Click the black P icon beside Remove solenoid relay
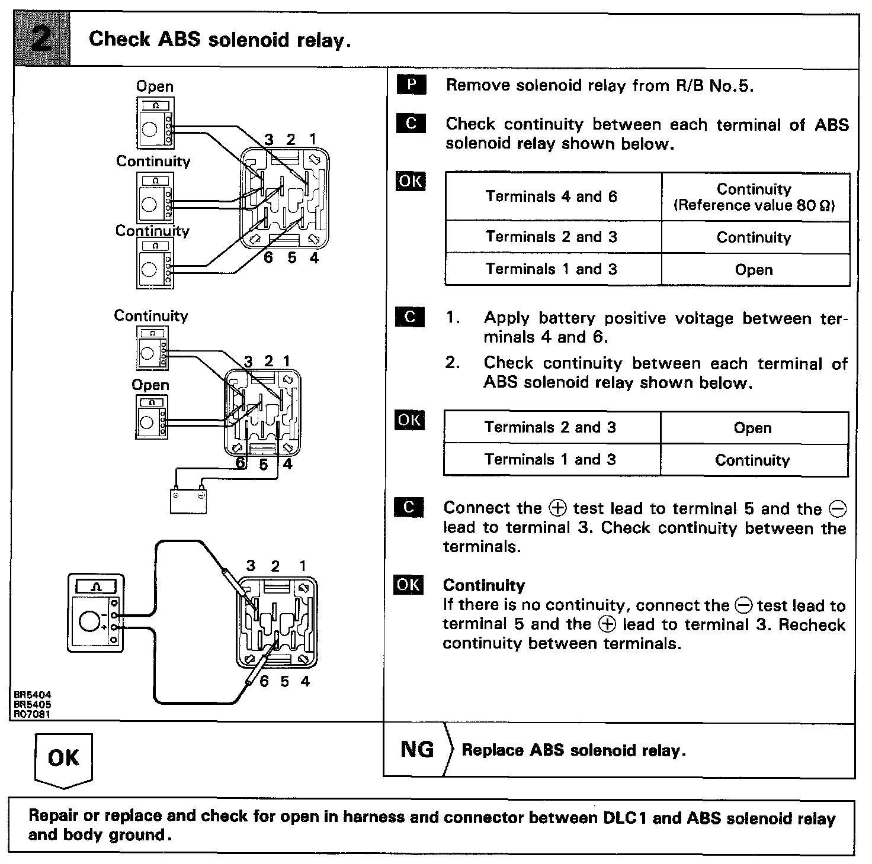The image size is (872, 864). [411, 85]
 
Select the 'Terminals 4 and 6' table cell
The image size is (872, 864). [552, 196]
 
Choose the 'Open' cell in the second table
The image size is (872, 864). [752, 428]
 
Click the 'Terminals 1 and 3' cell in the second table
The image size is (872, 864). [550, 460]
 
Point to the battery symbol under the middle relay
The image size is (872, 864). [188, 500]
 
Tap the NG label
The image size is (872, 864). [417, 750]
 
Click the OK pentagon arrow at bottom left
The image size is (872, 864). [63, 759]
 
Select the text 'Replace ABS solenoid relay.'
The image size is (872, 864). [573, 750]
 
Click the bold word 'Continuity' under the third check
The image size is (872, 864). [484, 585]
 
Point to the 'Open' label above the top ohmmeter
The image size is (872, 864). [155, 86]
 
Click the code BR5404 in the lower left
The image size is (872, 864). [33, 695]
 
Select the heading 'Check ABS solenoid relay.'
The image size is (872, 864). [220, 40]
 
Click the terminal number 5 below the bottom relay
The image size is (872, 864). [285, 682]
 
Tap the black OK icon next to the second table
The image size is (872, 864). [410, 420]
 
